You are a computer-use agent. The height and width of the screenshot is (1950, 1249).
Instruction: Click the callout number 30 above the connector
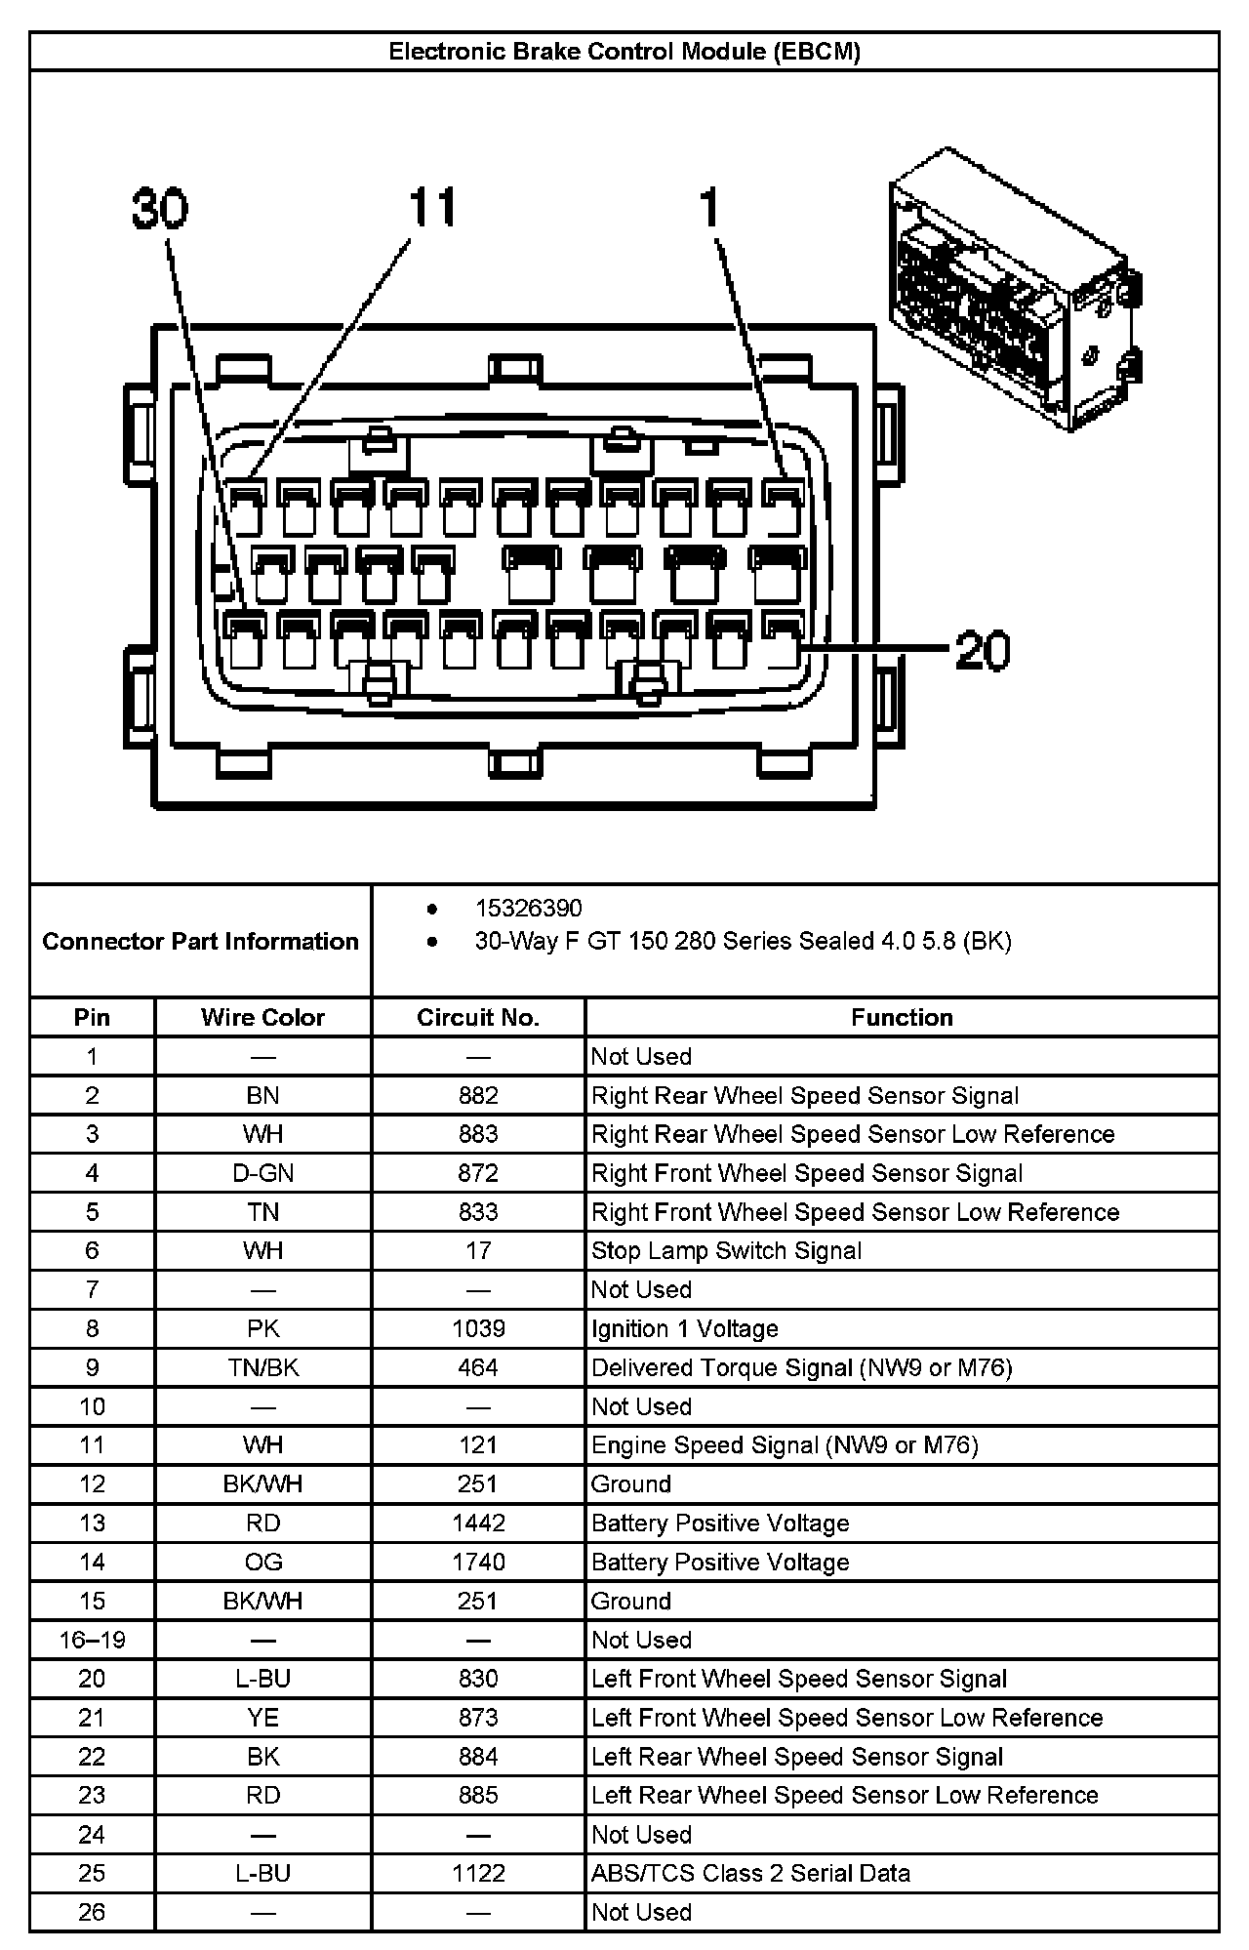click(161, 209)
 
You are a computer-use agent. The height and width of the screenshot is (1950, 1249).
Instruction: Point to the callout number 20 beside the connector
click(983, 650)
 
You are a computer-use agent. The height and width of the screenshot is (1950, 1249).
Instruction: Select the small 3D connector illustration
click(1015, 290)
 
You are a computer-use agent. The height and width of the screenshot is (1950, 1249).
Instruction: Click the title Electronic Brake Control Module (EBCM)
click(624, 52)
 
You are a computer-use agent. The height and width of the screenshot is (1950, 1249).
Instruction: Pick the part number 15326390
click(528, 908)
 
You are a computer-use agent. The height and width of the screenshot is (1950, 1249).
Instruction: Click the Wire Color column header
click(262, 1017)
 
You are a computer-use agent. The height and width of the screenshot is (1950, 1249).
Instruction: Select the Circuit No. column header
click(478, 1017)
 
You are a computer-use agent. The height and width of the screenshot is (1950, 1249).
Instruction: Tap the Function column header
click(902, 1017)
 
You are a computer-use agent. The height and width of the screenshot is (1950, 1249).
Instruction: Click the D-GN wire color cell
click(262, 1173)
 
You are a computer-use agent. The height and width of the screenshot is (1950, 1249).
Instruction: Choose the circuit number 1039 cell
click(478, 1328)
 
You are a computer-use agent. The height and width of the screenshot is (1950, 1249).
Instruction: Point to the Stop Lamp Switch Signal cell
click(726, 1250)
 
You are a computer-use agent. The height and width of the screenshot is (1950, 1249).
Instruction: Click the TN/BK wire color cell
click(262, 1367)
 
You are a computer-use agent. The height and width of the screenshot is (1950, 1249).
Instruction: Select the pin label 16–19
click(92, 1640)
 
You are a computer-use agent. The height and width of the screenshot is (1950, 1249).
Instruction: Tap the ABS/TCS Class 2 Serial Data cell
click(750, 1873)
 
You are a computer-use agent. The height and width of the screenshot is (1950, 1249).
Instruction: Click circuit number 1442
click(478, 1523)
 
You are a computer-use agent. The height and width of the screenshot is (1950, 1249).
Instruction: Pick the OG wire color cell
click(262, 1562)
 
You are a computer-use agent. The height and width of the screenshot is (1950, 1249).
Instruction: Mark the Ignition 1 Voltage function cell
click(684, 1328)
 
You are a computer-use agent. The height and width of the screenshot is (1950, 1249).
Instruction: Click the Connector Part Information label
click(200, 941)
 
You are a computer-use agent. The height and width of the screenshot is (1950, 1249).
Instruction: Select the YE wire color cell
click(262, 1717)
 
